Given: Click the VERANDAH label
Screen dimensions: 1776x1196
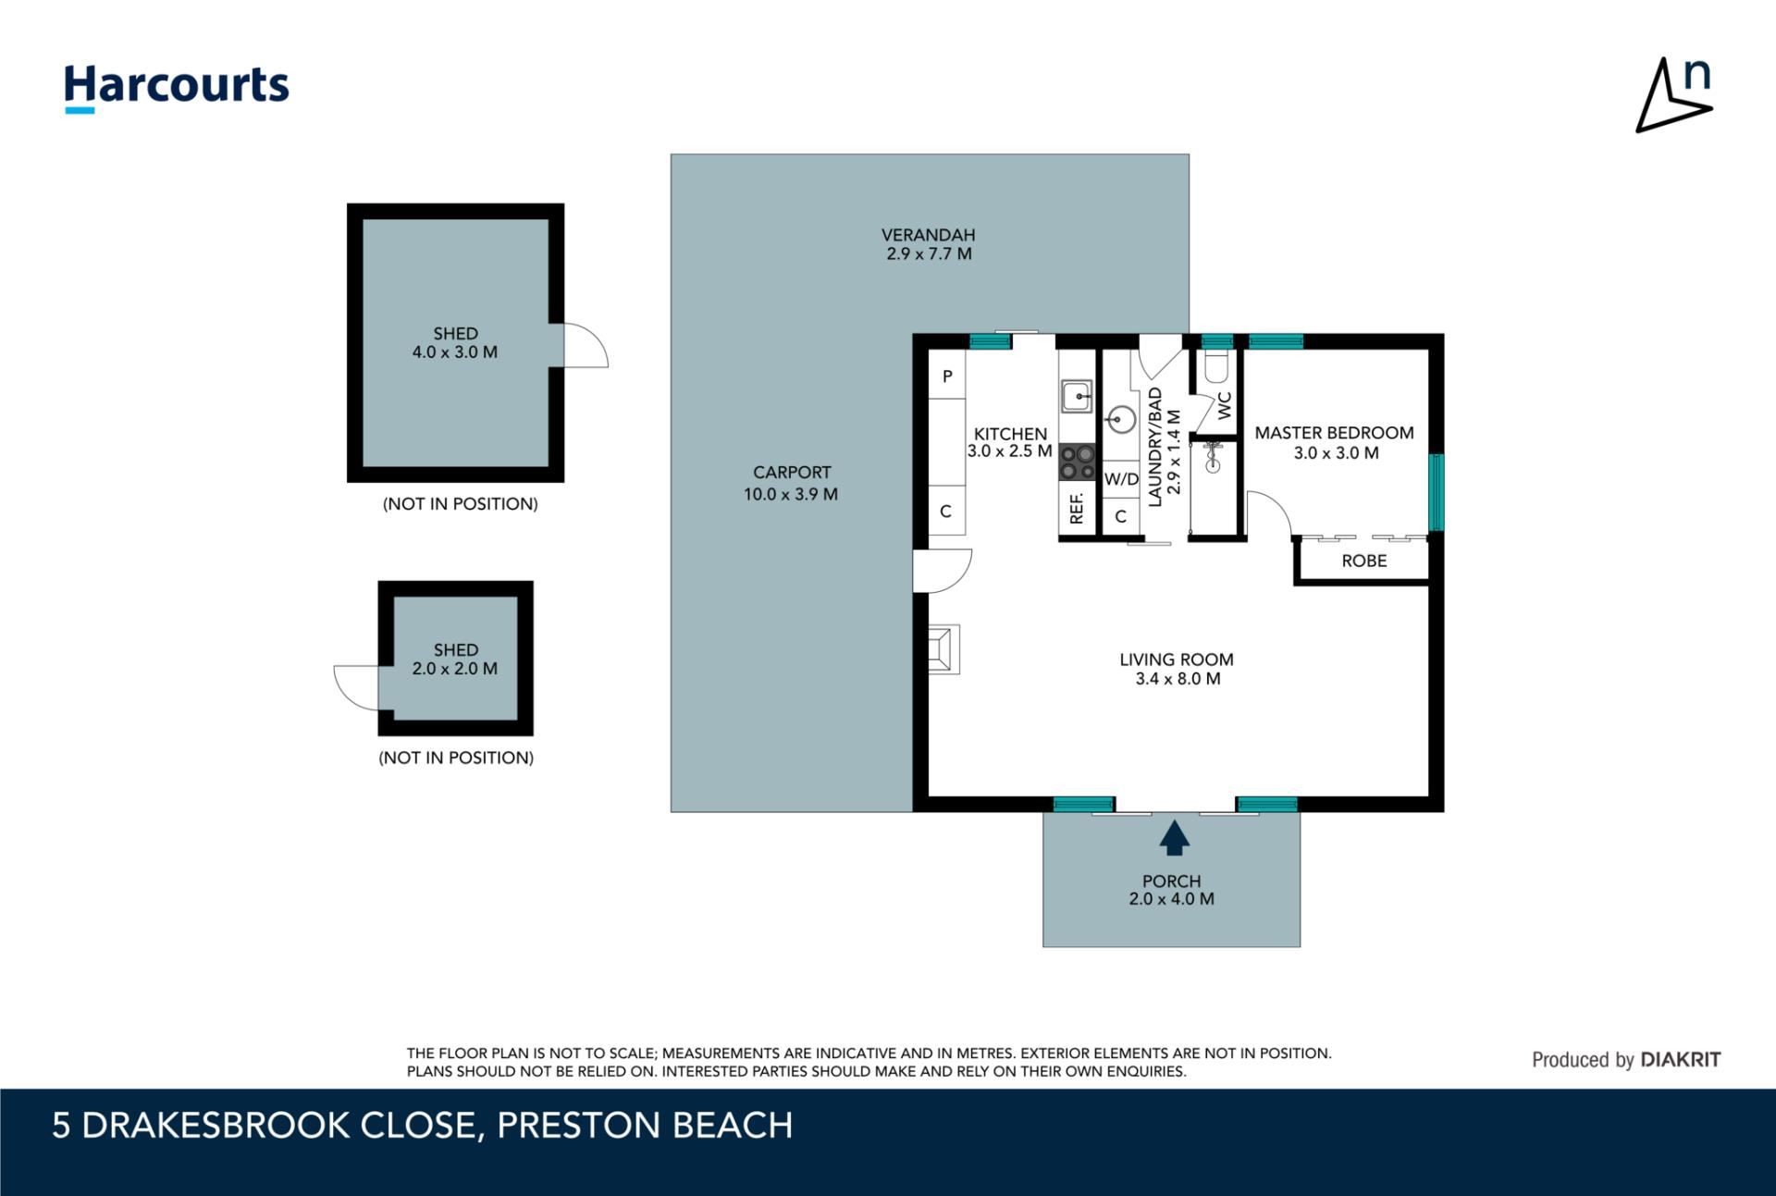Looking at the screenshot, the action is [928, 235].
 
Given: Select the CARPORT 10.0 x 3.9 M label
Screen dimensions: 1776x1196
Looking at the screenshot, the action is [791, 483].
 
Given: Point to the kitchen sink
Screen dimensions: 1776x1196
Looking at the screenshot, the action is [1077, 397].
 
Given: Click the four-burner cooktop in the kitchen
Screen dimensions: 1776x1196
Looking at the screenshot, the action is [1077, 462].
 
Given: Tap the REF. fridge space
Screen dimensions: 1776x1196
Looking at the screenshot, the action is [1077, 508].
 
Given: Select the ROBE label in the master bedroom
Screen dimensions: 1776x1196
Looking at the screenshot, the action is [1364, 561].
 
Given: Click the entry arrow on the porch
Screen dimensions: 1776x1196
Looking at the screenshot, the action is [1174, 837].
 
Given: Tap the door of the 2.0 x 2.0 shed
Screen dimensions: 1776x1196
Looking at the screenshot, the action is [356, 687].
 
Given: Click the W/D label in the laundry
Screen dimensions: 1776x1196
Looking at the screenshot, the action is [1121, 479].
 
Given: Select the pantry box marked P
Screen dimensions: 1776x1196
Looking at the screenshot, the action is [946, 375].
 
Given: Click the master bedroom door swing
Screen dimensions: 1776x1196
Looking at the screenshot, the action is [1269, 513].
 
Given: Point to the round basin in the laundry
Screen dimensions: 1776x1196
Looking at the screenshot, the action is [1121, 420].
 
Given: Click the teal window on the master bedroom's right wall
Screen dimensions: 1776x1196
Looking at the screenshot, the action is [1436, 492].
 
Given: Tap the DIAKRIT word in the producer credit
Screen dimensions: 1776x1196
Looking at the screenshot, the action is [1681, 1060].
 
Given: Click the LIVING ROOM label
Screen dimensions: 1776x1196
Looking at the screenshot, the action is [1177, 660].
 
